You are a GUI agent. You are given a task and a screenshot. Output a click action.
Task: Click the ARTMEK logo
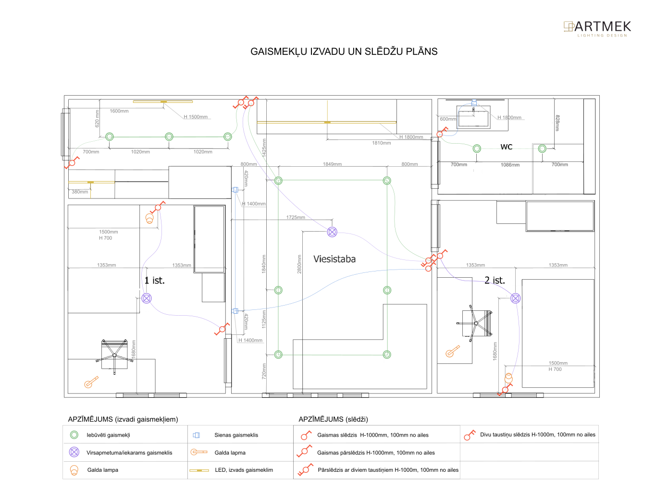click(597, 28)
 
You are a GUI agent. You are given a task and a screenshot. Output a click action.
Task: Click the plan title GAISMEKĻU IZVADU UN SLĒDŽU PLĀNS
click(344, 52)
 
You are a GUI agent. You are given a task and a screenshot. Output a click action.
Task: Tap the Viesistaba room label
click(334, 259)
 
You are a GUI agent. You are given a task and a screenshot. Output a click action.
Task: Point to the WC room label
click(507, 147)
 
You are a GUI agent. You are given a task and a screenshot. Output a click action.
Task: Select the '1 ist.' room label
click(155, 281)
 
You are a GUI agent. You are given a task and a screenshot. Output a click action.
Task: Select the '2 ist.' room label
click(495, 281)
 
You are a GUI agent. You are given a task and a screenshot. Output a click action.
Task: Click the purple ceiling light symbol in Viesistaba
click(332, 232)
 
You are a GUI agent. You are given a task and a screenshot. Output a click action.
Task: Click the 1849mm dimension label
click(332, 164)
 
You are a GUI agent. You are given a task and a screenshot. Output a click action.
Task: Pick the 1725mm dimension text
click(296, 218)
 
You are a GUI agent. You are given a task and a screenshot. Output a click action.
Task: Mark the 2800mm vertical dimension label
click(299, 264)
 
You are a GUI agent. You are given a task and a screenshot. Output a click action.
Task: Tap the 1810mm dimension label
click(381, 143)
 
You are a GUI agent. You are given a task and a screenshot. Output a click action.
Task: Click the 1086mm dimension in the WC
click(510, 165)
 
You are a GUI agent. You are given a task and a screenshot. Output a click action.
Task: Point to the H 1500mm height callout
click(196, 117)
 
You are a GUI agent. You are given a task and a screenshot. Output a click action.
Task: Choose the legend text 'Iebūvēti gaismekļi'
click(108, 435)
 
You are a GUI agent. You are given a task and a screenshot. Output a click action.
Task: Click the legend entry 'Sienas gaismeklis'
click(236, 435)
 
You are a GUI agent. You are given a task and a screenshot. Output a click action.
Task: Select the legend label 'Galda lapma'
click(230, 453)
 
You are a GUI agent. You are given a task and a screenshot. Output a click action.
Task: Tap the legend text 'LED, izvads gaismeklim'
click(244, 470)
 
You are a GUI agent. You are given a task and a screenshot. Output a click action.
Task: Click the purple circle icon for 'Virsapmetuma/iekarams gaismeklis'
click(74, 452)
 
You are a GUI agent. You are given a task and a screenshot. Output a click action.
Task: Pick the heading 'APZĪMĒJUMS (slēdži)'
click(333, 419)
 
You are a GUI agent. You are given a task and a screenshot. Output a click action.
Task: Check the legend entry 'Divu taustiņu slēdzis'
click(537, 435)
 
